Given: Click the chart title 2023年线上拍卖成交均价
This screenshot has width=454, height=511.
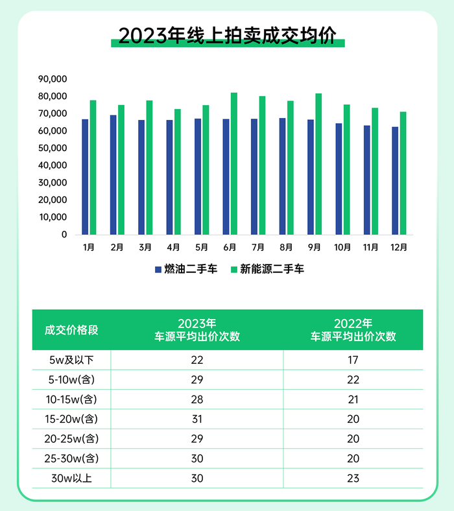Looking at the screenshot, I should [227, 35].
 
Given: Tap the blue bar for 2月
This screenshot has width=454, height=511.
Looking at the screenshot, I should [113, 175].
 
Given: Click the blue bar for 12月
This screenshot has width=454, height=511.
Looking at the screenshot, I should [395, 181].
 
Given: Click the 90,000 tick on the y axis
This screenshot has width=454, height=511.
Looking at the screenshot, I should [53, 79].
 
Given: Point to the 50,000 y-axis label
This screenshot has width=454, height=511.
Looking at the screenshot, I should [53, 148].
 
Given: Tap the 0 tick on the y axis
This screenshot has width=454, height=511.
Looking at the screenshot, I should [64, 235].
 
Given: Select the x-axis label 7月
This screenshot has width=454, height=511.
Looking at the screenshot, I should [257, 247].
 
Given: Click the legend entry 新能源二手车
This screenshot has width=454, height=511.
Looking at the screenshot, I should [267, 268].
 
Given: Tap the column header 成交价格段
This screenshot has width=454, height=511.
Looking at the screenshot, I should [71, 329].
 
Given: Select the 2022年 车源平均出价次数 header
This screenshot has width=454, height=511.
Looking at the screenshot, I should [353, 329].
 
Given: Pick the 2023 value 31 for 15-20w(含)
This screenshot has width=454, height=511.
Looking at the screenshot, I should [197, 419].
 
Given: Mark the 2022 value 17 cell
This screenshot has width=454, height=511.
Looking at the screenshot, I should [353, 360].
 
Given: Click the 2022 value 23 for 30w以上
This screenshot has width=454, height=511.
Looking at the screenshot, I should [353, 478].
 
